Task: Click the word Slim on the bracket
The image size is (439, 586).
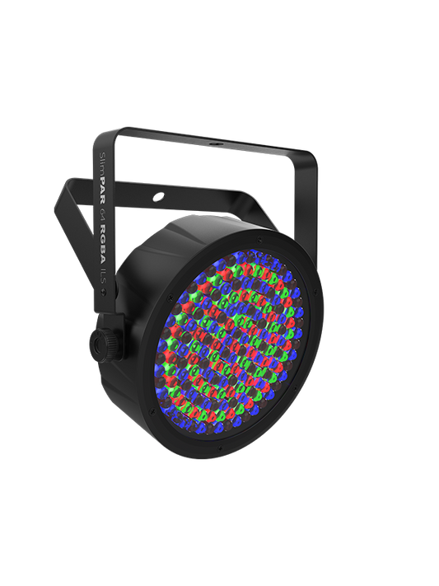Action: coord(100,161)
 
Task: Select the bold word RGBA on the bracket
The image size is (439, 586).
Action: coord(100,229)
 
